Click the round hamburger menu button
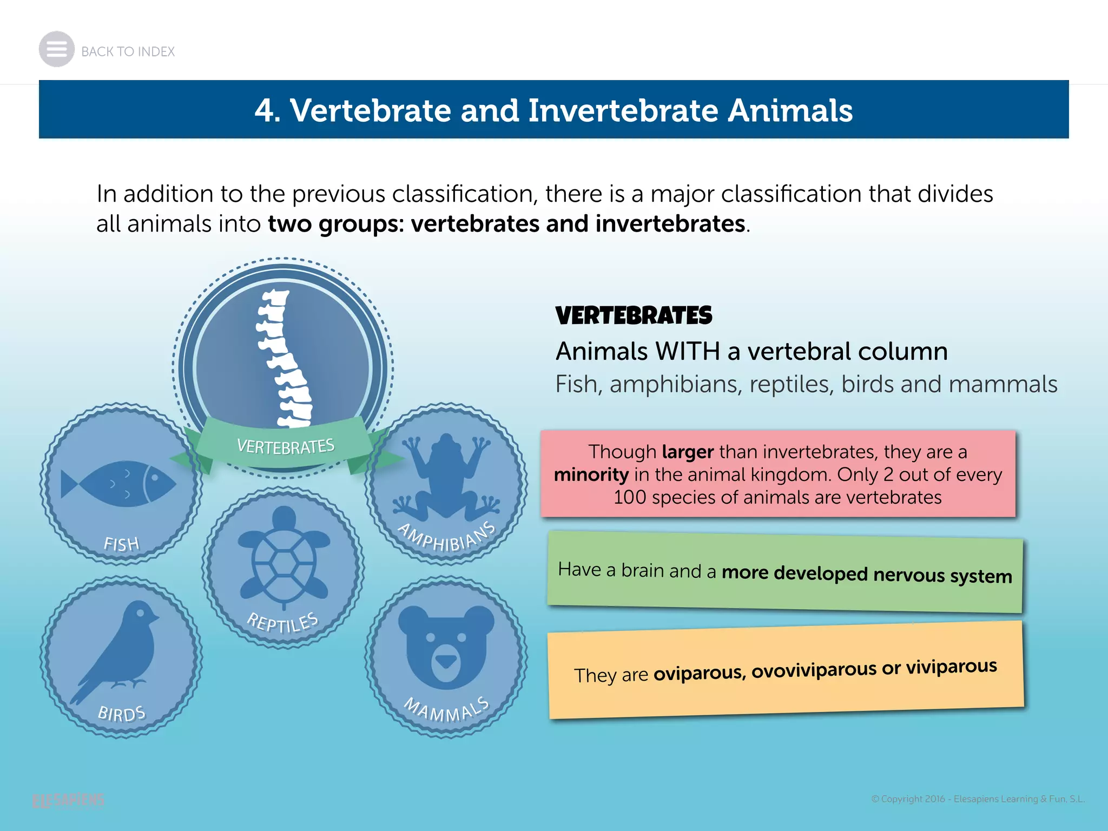click(x=56, y=49)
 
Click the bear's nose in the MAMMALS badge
click(x=446, y=661)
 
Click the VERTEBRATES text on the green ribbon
click(x=286, y=446)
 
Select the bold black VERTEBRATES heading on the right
click(x=634, y=316)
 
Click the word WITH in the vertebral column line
click(x=687, y=352)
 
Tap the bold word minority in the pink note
click(x=591, y=475)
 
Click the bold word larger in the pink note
click(x=688, y=452)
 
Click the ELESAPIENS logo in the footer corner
click(x=68, y=800)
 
